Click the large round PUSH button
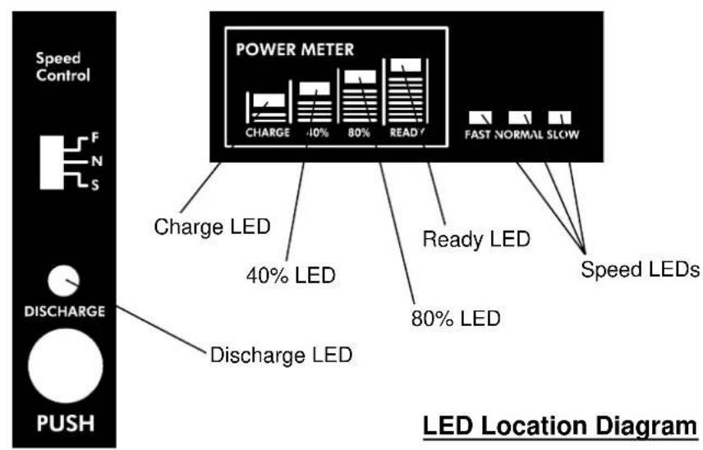tap(66, 365)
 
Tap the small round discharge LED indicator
tap(64, 281)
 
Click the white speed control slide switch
tap(52, 163)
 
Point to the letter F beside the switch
tap(95, 138)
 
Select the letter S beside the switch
tap(95, 185)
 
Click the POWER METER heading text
tap(295, 49)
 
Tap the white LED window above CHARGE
tap(269, 100)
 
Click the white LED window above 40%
tap(315, 89)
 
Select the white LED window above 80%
tap(360, 76)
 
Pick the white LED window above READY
tap(406, 65)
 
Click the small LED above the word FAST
tap(480, 117)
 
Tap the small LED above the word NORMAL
tap(520, 117)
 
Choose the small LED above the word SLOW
tap(559, 117)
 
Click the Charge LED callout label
tap(212, 227)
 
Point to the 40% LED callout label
tap(291, 275)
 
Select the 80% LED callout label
tap(456, 319)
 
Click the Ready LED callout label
tap(476, 239)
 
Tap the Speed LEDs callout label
tap(641, 269)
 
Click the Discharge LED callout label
tap(281, 355)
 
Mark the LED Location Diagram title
tap(560, 426)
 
